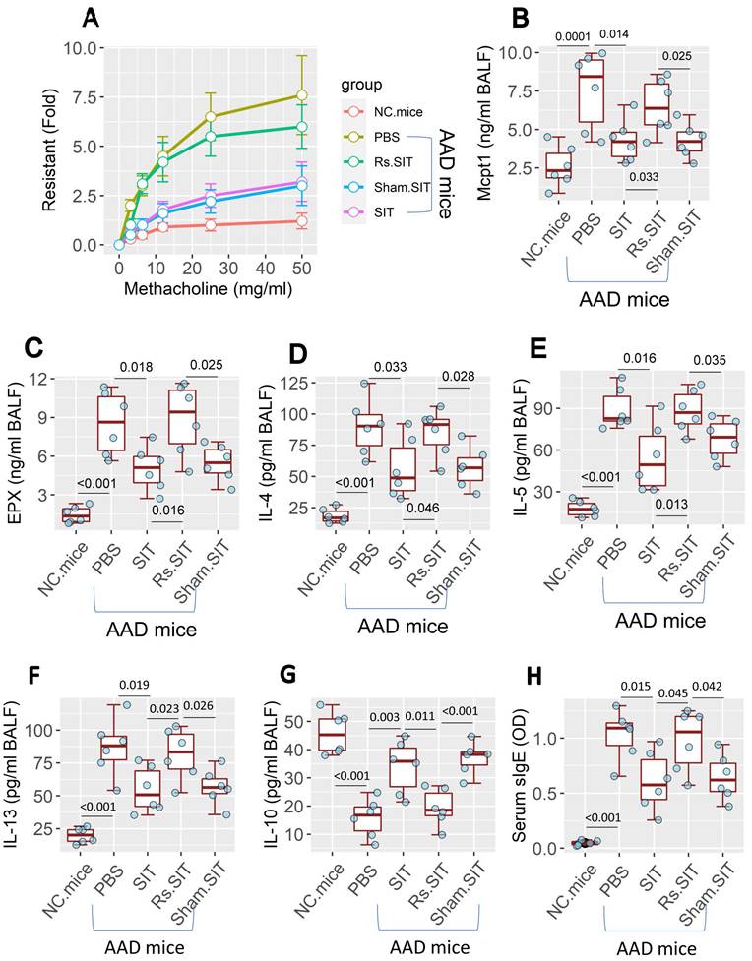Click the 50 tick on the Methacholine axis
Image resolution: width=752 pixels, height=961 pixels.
click(x=302, y=267)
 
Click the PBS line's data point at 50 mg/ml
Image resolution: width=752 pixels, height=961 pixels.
click(x=302, y=95)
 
